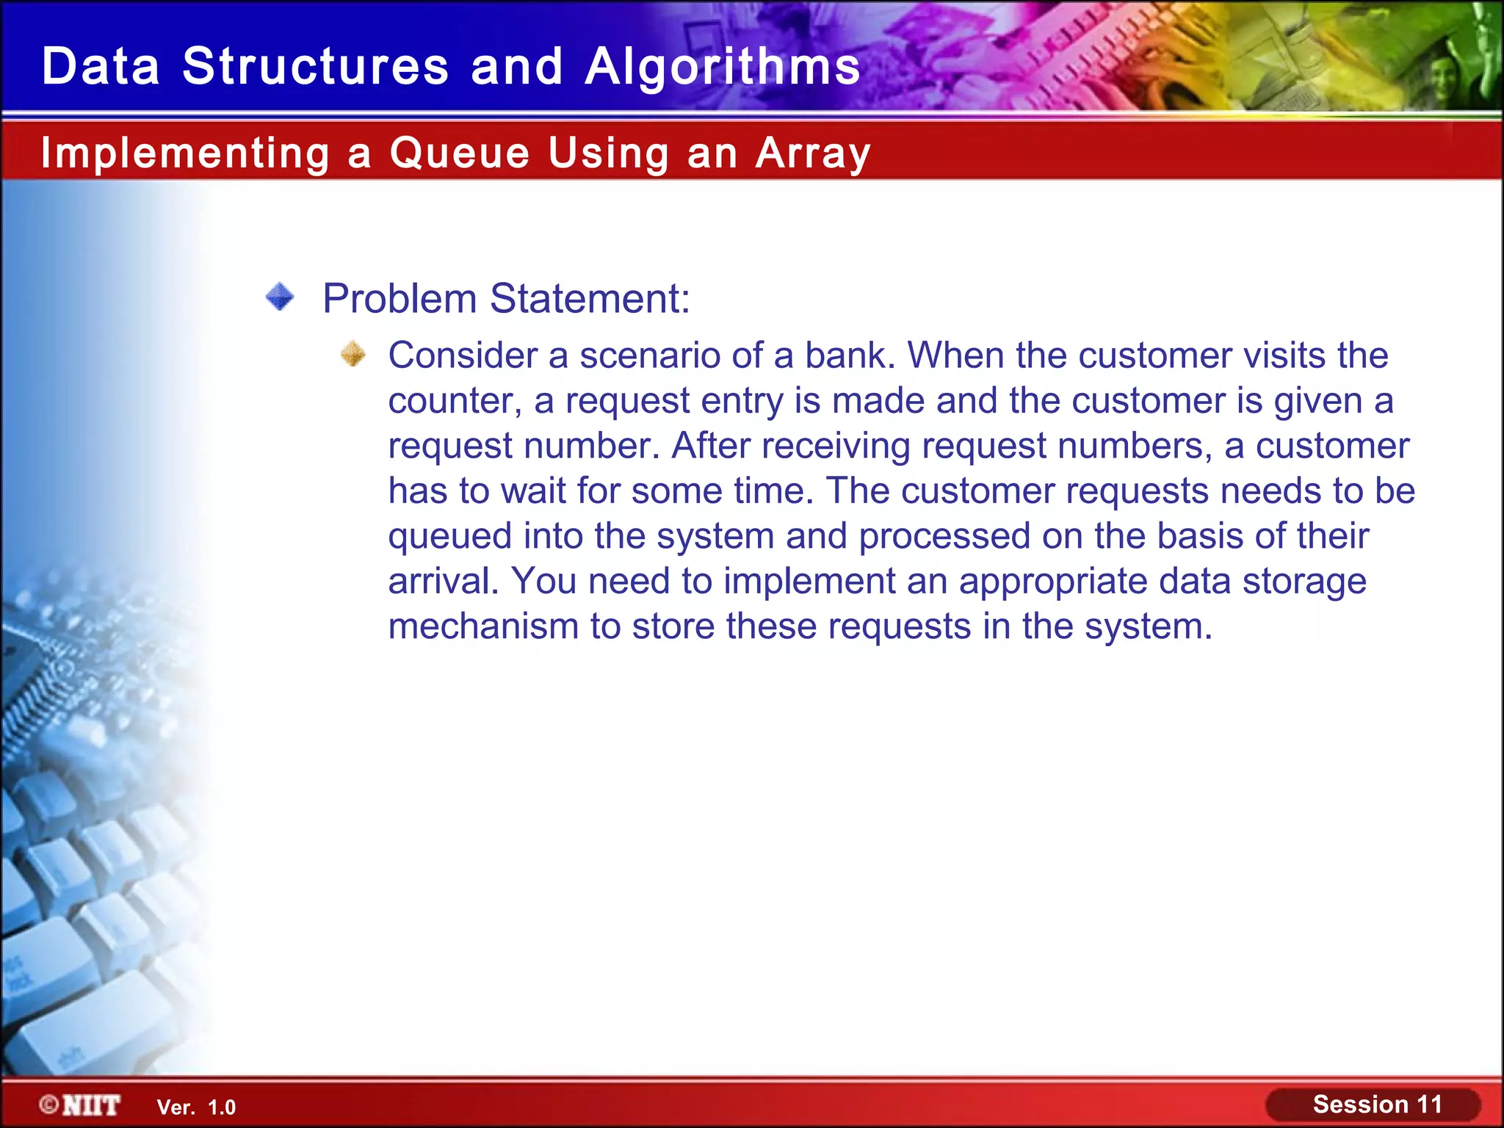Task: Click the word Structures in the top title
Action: (x=315, y=66)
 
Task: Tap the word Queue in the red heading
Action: (x=459, y=153)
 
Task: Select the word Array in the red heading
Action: (x=813, y=153)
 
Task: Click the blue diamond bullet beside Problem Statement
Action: (x=280, y=297)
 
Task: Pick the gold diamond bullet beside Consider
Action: (x=353, y=354)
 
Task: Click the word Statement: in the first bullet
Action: (x=590, y=299)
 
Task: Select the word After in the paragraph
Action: (x=710, y=446)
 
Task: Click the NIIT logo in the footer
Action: (x=91, y=1105)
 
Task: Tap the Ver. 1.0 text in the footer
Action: (x=196, y=1107)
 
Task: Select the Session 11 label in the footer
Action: (x=1377, y=1104)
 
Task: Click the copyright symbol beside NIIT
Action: (x=49, y=1104)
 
